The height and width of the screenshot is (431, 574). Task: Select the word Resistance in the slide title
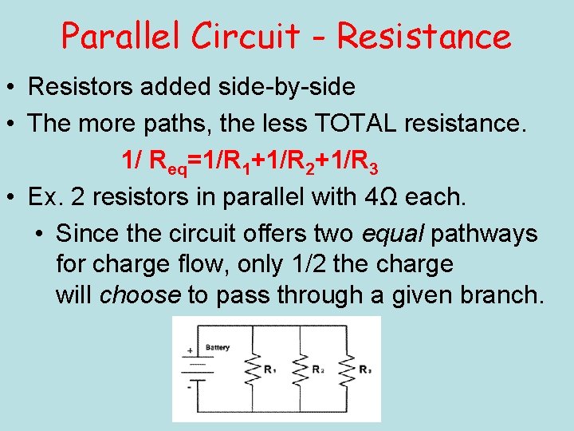click(x=424, y=37)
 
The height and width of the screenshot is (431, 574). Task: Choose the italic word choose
click(x=140, y=295)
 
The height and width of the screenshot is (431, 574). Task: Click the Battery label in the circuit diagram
click(x=218, y=348)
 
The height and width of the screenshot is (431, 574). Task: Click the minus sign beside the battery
click(x=190, y=384)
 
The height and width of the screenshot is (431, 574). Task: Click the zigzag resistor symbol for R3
click(x=344, y=370)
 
